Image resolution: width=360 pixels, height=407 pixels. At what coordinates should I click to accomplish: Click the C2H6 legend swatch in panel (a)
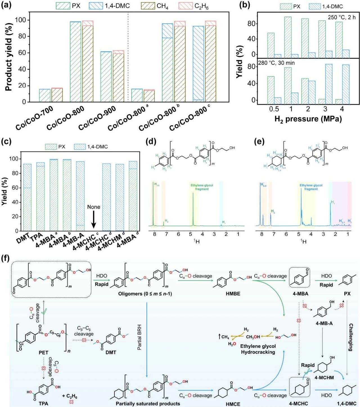pyautogui.click(x=185, y=6)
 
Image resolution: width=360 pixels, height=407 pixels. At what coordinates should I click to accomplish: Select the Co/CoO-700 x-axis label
pyautogui.click(x=34, y=117)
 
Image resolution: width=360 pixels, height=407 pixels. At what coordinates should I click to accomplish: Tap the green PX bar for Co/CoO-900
pyautogui.click(x=106, y=77)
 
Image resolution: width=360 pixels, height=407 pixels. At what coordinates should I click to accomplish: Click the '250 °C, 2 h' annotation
pyautogui.click(x=341, y=17)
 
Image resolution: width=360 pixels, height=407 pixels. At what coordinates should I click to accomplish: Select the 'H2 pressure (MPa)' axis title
pyautogui.click(x=308, y=119)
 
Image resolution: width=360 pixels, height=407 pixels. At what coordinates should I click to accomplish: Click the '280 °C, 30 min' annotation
pyautogui.click(x=276, y=63)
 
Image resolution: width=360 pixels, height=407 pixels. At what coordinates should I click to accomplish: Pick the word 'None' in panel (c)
pyautogui.click(x=94, y=207)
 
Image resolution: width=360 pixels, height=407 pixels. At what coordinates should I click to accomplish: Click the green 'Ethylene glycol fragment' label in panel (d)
pyautogui.click(x=202, y=187)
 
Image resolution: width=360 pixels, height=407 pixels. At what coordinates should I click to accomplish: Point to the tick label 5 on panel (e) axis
pyautogui.click(x=298, y=234)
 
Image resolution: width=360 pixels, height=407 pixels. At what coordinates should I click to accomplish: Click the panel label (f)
pyautogui.click(x=6, y=258)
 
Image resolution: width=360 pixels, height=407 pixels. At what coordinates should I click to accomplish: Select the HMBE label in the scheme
pyautogui.click(x=233, y=294)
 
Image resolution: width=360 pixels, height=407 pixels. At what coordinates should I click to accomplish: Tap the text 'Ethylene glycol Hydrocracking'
pyautogui.click(x=258, y=349)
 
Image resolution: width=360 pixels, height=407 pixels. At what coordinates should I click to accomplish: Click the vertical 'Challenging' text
pyautogui.click(x=351, y=337)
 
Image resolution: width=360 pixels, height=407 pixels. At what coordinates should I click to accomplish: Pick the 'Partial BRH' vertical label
pyautogui.click(x=139, y=337)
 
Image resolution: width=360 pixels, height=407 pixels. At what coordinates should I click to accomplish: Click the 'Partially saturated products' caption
pyautogui.click(x=148, y=404)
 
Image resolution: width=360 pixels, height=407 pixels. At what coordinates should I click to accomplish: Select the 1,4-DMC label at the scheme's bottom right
pyautogui.click(x=347, y=404)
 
